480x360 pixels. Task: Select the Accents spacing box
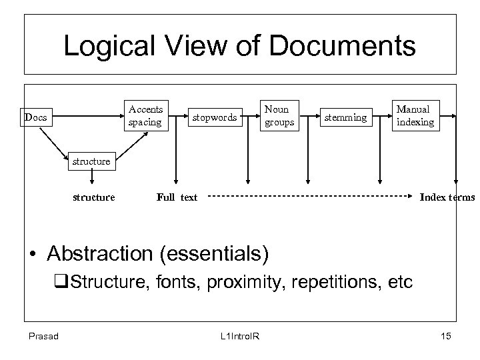pos(146,115)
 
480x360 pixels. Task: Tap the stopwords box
pos(215,118)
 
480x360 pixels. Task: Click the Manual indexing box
pos(415,115)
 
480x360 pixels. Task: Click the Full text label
pos(177,197)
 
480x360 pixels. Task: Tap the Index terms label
pos(446,197)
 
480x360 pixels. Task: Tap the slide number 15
pos(445,336)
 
